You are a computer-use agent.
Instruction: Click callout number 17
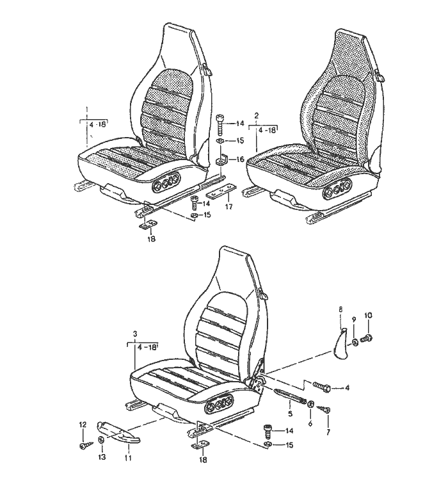click(228, 207)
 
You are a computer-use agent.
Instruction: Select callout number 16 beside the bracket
click(241, 159)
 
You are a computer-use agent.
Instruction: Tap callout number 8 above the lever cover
click(341, 309)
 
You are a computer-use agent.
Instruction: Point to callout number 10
click(368, 315)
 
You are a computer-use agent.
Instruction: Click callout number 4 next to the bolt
click(347, 388)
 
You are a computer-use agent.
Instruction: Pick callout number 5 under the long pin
click(290, 414)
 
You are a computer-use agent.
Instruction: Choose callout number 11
click(128, 458)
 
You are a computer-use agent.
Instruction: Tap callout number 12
click(83, 425)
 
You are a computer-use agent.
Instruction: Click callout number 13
click(102, 457)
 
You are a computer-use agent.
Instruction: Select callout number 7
click(328, 432)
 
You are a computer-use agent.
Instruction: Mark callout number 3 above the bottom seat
click(136, 334)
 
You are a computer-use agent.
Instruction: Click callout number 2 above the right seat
click(257, 116)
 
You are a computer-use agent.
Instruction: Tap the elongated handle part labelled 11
click(118, 432)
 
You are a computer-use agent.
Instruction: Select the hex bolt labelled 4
click(321, 387)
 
